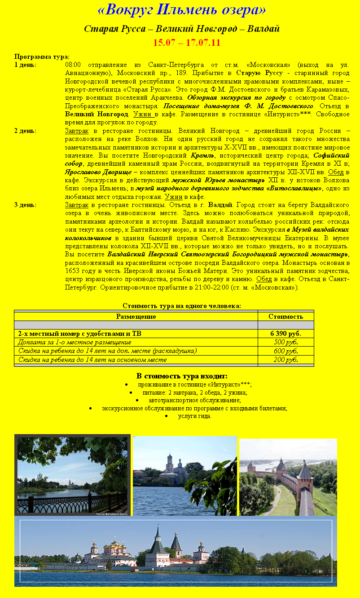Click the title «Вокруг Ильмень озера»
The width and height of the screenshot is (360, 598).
pyautogui.click(x=181, y=9)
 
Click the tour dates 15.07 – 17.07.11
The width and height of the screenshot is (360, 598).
pyautogui.click(x=186, y=43)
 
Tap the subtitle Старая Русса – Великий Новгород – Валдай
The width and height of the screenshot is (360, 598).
pyautogui.click(x=182, y=29)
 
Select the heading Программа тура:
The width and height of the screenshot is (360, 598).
pyautogui.click(x=42, y=57)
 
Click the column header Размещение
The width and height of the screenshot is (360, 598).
pyautogui.click(x=136, y=317)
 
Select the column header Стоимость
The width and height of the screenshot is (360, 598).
pyautogui.click(x=285, y=317)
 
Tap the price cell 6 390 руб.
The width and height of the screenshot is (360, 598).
pyautogui.click(x=285, y=334)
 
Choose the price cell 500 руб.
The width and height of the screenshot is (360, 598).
pyautogui.click(x=285, y=342)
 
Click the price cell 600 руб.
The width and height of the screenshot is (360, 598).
pyautogui.click(x=285, y=351)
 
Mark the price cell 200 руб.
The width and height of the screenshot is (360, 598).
pyautogui.click(x=285, y=360)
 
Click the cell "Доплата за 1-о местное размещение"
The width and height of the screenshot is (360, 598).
pyautogui.click(x=75, y=342)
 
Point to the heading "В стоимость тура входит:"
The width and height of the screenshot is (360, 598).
pyautogui.click(x=182, y=376)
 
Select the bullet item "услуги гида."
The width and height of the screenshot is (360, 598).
pyautogui.click(x=194, y=416)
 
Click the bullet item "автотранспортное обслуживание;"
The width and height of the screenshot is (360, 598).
pyautogui.click(x=194, y=400)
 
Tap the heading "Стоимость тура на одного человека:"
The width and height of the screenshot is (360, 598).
pyautogui.click(x=182, y=306)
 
